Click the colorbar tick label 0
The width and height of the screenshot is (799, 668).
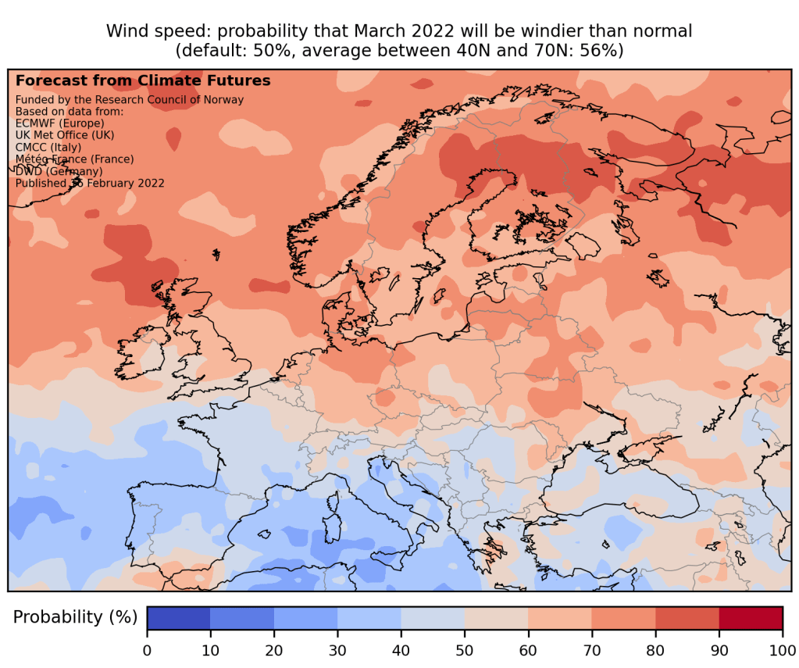coord(147,648)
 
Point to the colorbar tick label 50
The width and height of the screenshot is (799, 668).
coord(465,648)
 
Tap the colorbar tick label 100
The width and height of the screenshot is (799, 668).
coord(782,648)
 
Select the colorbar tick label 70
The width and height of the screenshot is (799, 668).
coord(591,648)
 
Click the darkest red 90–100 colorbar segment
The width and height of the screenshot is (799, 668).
coord(751,617)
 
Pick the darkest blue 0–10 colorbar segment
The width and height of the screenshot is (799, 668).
coord(179,617)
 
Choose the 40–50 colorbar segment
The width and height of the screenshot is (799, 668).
coord(433,617)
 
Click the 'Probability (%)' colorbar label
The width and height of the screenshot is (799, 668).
coord(75,617)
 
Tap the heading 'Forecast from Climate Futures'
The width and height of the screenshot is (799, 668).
coord(143,80)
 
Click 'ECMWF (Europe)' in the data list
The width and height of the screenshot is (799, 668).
coord(60,123)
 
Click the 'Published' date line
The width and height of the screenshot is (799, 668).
coord(90,183)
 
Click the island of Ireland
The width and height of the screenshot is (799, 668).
coord(141,352)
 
